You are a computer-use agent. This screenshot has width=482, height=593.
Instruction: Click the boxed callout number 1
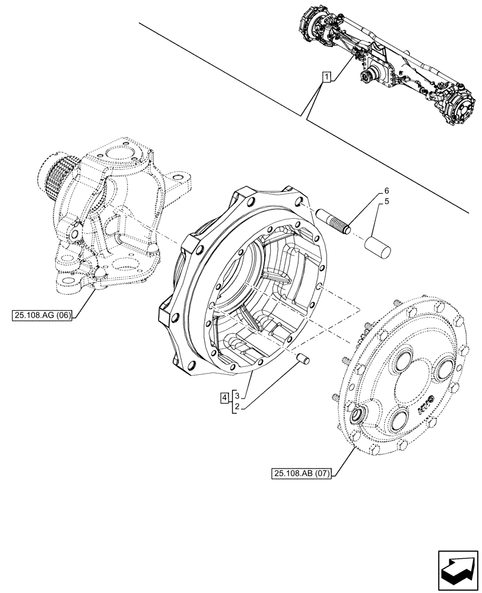[x=326, y=76]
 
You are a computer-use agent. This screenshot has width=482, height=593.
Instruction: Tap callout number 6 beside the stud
[x=386, y=191]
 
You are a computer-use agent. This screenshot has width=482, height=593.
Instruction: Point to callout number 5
[x=386, y=202]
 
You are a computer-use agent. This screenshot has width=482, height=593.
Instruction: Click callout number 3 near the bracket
[x=236, y=395]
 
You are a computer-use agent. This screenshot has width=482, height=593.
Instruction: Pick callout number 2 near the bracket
[x=236, y=406]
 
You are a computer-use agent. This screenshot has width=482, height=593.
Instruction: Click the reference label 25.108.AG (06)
[x=41, y=315]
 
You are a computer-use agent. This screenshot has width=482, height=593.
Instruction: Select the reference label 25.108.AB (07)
[x=303, y=473]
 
